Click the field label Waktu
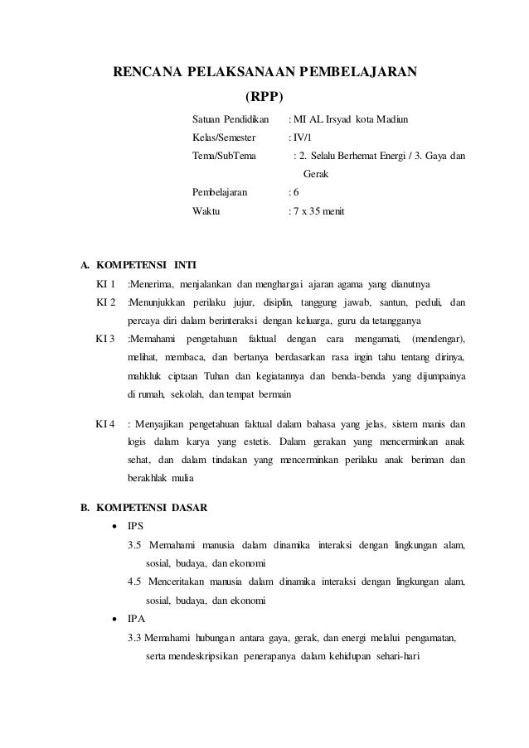click(x=206, y=212)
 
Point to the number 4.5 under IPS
click(x=134, y=582)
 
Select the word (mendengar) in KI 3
click(x=438, y=340)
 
